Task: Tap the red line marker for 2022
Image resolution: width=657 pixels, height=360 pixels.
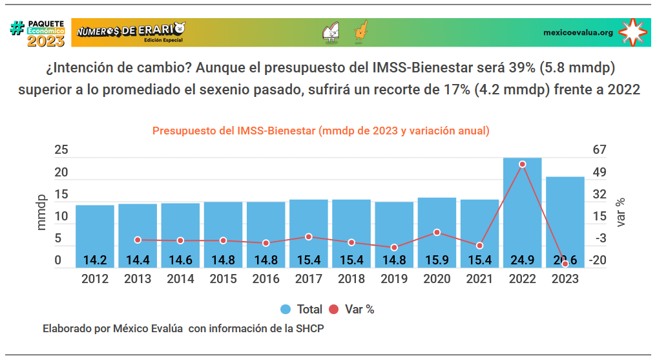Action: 522,164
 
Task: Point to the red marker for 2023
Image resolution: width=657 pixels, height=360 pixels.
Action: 565,264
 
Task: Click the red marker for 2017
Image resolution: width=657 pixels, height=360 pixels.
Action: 309,237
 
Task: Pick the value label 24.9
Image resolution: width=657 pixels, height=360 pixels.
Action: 522,260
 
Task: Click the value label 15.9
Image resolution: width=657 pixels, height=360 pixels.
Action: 437,260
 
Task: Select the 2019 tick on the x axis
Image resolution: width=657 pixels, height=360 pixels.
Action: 394,279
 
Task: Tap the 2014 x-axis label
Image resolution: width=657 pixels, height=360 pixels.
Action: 180,279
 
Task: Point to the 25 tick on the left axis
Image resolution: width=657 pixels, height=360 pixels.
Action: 61,150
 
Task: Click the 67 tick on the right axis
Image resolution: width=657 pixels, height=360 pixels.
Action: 600,150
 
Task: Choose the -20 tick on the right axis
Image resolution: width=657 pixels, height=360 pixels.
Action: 599,260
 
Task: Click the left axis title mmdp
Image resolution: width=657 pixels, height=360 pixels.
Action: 41,212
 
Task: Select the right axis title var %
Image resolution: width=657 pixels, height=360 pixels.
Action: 621,212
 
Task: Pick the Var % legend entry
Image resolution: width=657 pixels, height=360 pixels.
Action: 352,309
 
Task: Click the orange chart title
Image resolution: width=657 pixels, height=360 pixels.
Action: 321,131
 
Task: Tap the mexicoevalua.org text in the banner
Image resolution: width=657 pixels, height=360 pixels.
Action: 578,32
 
